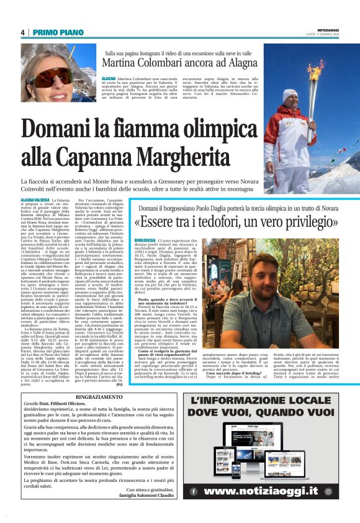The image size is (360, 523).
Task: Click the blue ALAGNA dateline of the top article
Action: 109,80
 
